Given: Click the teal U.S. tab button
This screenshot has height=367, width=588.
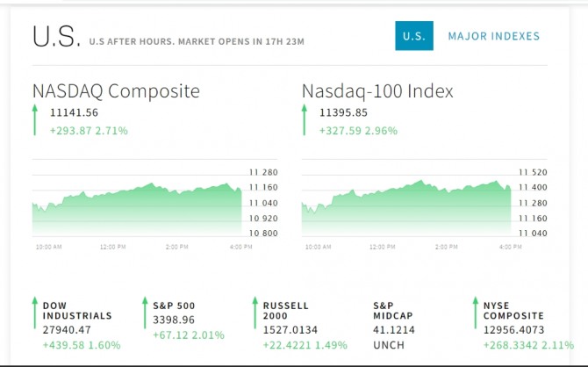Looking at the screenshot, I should pos(413,36).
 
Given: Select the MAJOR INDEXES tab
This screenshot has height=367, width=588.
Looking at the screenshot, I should pos(494,36).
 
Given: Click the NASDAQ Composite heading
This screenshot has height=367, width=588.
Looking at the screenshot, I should pos(116,91).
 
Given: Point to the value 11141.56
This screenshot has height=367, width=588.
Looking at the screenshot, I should pos(74,112).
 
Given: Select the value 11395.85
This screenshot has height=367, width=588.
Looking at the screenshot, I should pos(343,112).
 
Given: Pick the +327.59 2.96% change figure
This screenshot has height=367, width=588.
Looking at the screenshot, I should pos(358,131).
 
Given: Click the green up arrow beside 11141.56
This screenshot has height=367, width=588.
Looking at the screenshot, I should pos(35,120).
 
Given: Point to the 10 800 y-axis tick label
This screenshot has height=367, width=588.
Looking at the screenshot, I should pos(263,234).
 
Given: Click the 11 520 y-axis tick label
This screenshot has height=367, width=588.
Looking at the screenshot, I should pos(533,173).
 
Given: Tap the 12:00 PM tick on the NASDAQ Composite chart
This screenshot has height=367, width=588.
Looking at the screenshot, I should pos(112,248).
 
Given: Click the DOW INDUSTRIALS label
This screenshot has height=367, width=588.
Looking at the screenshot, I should pos(77,311).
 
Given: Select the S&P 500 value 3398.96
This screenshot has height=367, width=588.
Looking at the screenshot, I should pos(174,320).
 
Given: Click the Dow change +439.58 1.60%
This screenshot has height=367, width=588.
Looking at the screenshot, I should pos(81,345).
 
